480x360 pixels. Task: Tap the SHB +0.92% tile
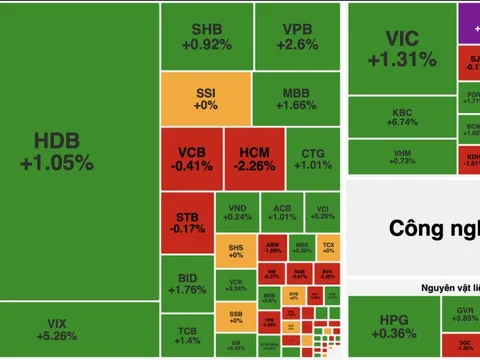206,36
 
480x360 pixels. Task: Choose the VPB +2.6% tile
295,36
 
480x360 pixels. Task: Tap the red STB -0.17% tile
187,222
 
